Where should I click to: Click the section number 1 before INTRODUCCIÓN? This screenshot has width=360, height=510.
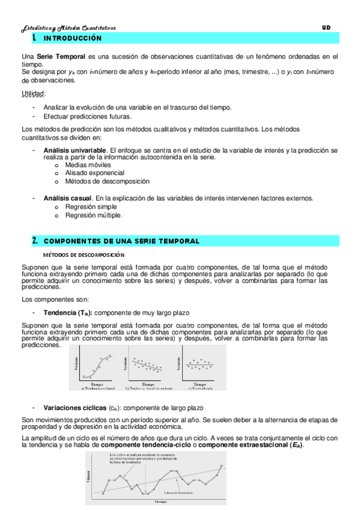tap(34, 38)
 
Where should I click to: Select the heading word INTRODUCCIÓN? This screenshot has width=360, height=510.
tap(73, 38)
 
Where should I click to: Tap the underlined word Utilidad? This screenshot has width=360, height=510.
tap(33, 93)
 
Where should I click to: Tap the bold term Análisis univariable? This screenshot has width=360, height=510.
tap(75, 149)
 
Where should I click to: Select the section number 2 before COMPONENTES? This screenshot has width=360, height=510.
tap(34, 241)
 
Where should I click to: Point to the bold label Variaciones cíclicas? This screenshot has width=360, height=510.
tap(75, 408)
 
